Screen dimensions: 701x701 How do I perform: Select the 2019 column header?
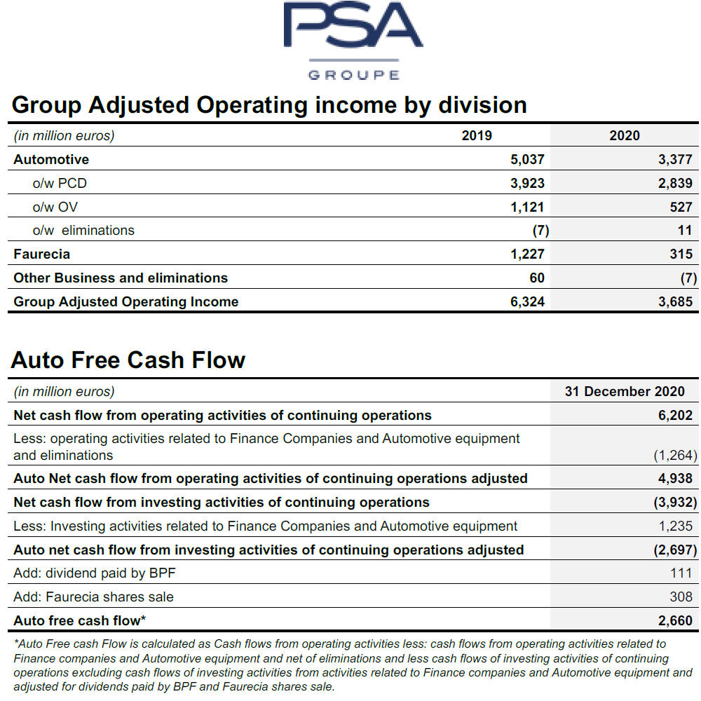(477, 135)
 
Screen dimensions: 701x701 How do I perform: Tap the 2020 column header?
(625, 135)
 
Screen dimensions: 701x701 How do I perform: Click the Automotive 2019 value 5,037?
(527, 159)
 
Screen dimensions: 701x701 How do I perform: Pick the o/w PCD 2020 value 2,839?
(675, 183)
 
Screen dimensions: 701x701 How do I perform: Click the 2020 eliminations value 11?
(685, 230)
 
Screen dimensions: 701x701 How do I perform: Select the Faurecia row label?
(41, 254)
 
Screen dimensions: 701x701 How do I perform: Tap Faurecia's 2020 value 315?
(681, 254)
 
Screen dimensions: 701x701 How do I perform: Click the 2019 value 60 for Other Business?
(537, 278)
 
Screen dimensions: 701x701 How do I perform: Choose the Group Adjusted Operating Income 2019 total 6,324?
(527, 301)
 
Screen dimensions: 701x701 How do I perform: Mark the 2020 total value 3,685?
(675, 301)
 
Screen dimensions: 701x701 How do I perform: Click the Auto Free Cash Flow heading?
(128, 360)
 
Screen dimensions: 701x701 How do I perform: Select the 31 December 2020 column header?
(625, 391)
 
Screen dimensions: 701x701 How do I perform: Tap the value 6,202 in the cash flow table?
(675, 415)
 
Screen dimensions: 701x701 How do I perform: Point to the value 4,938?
(675, 478)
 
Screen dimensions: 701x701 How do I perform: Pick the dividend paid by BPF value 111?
(681, 573)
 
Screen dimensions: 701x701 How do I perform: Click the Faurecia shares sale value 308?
(681, 597)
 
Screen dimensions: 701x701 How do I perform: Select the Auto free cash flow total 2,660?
(675, 620)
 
